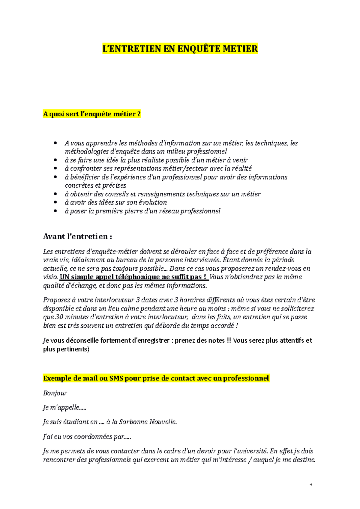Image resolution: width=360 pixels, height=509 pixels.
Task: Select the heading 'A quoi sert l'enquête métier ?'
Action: click(92, 114)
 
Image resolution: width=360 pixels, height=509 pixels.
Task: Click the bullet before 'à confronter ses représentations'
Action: click(55, 168)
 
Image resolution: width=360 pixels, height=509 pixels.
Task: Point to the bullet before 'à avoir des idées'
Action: click(55, 202)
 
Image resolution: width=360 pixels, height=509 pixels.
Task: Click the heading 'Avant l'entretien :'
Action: click(78, 237)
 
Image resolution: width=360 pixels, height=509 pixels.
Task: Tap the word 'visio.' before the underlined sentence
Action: click(50, 277)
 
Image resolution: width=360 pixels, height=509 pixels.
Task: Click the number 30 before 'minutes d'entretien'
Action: click(59, 317)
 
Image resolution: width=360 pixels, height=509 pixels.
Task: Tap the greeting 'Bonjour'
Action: click(55, 393)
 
